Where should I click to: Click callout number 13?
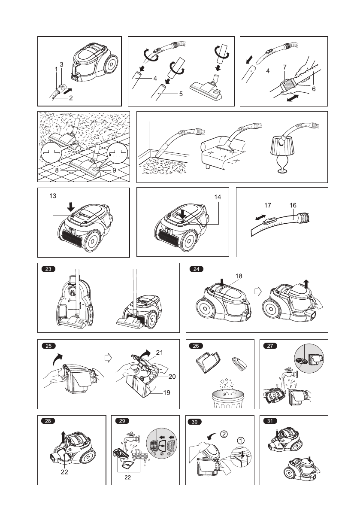click(53, 195)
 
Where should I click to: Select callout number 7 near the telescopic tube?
click(284, 67)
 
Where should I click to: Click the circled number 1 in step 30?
click(243, 441)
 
